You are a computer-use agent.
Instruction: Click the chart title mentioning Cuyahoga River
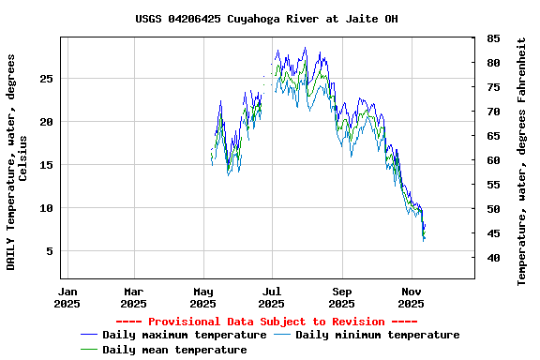pyautogui.click(x=266, y=19)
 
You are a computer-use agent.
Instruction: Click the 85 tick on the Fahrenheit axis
pyautogui.click(x=492, y=38)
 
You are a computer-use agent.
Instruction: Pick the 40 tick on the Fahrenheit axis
pyautogui.click(x=492, y=258)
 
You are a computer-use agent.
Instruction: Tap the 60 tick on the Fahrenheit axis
pyautogui.click(x=492, y=160)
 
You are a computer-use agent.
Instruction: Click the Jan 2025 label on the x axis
pyautogui.click(x=67, y=297)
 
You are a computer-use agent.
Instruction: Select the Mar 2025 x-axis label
pyautogui.click(x=135, y=297)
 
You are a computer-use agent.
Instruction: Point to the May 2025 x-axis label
pyautogui.click(x=203, y=297)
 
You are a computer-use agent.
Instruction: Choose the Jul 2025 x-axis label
pyautogui.click(x=272, y=297)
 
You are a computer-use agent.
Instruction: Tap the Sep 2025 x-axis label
pyautogui.click(x=342, y=297)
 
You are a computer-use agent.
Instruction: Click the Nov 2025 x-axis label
pyautogui.click(x=412, y=297)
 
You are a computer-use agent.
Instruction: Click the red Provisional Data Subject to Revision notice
pyautogui.click(x=266, y=322)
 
